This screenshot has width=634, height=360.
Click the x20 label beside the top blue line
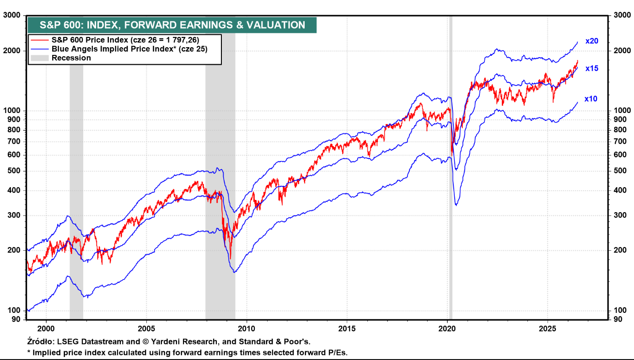(x=592, y=41)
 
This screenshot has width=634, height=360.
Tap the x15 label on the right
(x=592, y=69)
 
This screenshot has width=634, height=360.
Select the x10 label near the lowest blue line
(x=591, y=99)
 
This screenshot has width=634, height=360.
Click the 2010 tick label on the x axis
(x=247, y=329)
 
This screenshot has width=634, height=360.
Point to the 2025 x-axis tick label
(x=548, y=329)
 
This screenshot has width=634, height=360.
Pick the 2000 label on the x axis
(x=46, y=329)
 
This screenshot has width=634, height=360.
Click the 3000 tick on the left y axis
(x=12, y=15)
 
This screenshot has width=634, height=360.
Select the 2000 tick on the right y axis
(x=622, y=51)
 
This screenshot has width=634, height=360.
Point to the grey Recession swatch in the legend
(x=40, y=58)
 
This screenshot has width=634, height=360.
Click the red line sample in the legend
(x=40, y=40)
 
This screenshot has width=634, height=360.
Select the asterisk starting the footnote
(x=28, y=352)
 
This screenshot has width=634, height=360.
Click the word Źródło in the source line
(x=41, y=342)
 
